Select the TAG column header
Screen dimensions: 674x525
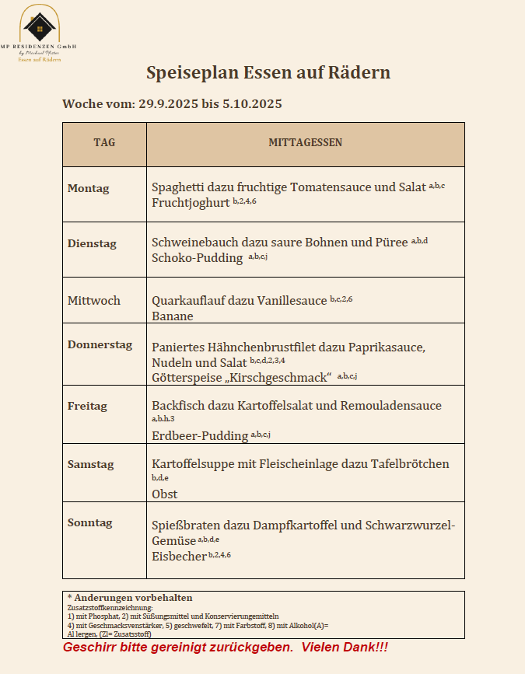tap(104, 143)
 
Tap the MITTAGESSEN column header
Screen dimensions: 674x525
tap(305, 143)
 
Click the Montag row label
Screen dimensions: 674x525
tap(89, 188)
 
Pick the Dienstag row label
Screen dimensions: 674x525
tap(92, 243)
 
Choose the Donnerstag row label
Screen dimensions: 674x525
tap(100, 344)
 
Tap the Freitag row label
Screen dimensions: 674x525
tap(87, 406)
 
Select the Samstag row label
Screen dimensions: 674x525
tap(91, 464)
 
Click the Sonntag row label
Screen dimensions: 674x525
tap(90, 522)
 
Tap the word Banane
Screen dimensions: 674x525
tap(173, 316)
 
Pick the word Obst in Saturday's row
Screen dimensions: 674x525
tap(165, 494)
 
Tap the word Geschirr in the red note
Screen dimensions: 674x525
tap(87, 648)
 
